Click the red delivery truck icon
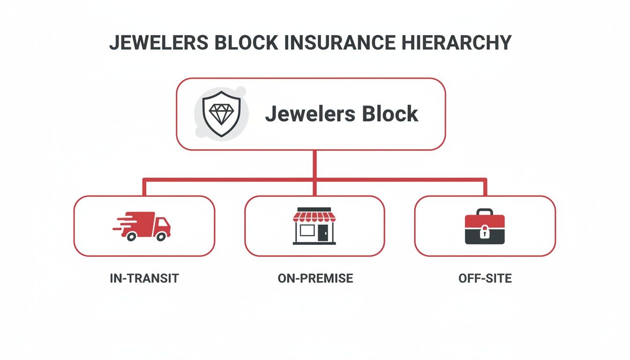(142, 226)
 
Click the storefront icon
(315, 226)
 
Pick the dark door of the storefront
(323, 232)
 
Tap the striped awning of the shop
(315, 216)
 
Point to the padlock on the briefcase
(485, 231)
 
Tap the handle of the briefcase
(485, 211)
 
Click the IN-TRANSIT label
(144, 278)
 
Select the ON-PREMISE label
(315, 278)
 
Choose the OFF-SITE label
(485, 278)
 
